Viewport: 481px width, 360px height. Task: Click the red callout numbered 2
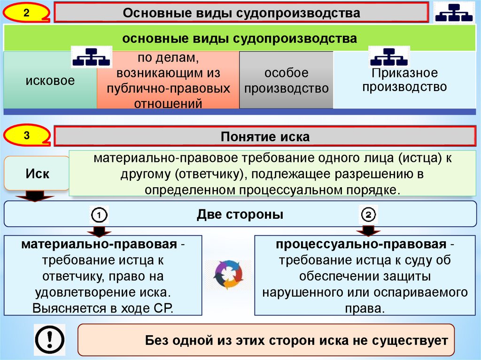click(26, 13)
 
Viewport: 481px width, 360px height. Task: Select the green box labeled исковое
click(50, 81)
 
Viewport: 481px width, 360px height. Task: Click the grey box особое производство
click(286, 81)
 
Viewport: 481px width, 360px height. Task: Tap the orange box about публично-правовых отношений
click(168, 81)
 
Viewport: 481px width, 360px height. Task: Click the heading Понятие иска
click(265, 137)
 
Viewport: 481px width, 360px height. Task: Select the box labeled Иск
click(37, 174)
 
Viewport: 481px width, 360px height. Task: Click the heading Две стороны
click(240, 215)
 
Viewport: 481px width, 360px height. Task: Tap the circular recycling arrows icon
click(228, 275)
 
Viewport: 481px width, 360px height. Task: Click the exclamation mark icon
click(49, 339)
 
